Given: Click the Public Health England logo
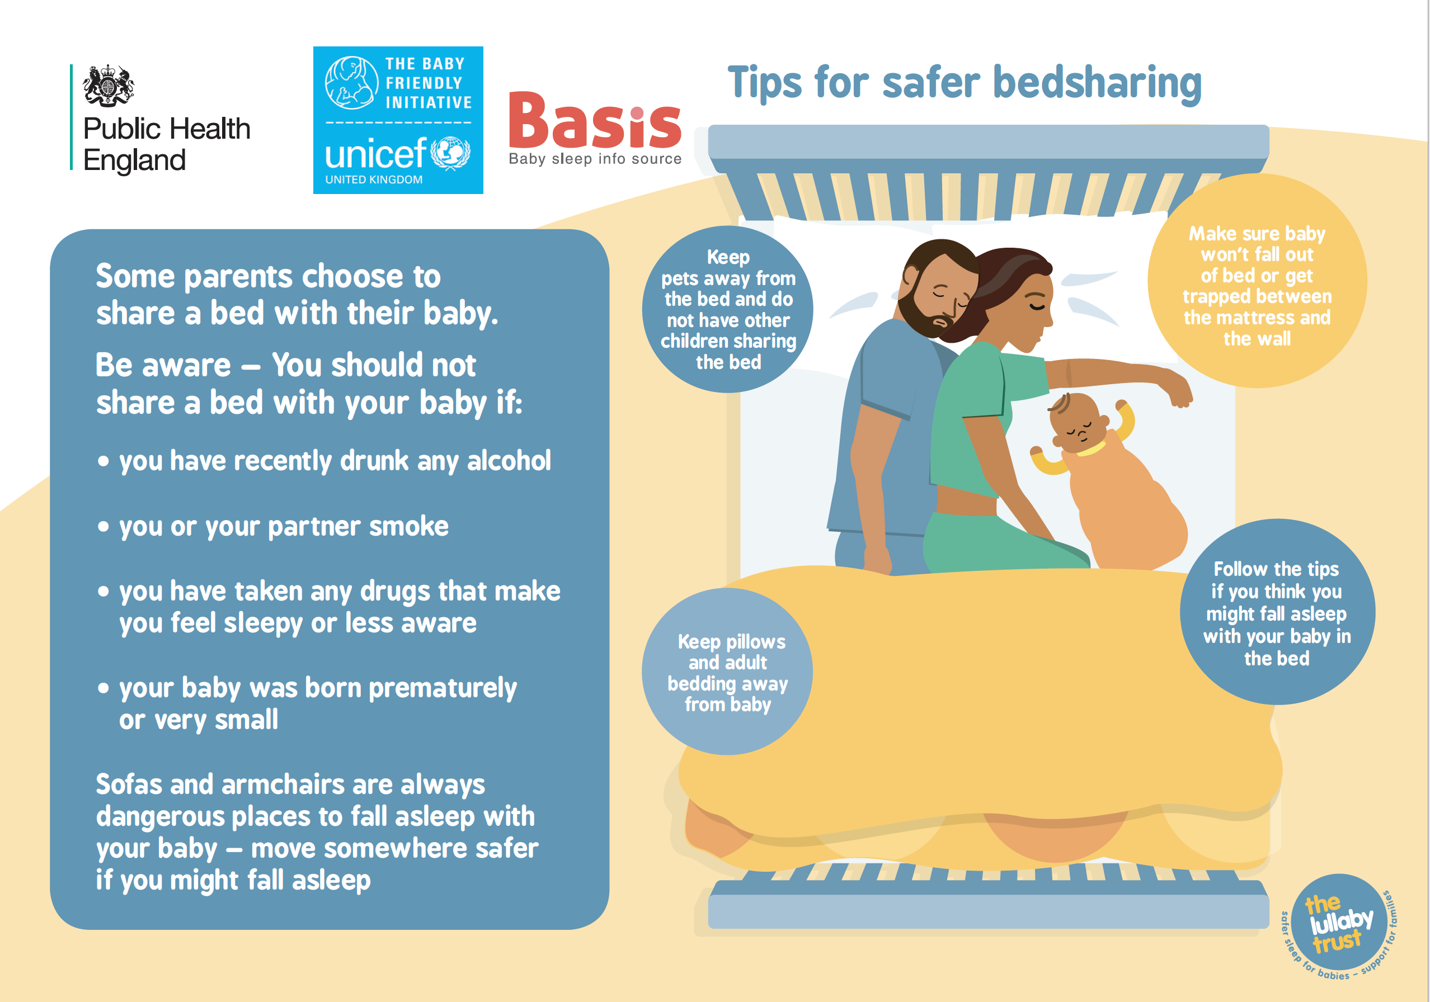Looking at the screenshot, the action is pos(161,117).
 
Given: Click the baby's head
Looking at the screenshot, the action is pos(1078,422).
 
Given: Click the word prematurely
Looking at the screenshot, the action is pos(443,689).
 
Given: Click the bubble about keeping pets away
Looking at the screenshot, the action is pos(727,309).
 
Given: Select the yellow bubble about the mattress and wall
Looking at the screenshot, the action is pos(1257,281).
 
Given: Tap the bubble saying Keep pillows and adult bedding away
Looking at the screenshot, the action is pos(727,672).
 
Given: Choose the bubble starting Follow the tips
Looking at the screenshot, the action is pos(1277,612).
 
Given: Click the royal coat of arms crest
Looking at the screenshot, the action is pos(109,84).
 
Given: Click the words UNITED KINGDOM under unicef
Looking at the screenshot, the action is pos(374,180).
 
